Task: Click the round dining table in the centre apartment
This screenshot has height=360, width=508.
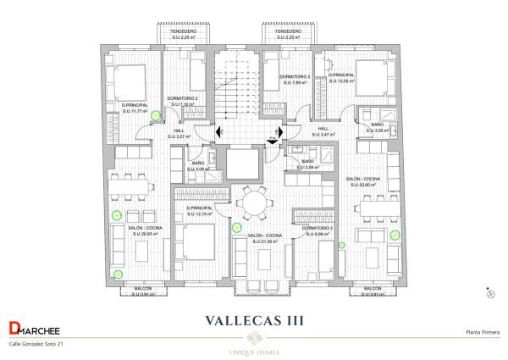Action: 253,204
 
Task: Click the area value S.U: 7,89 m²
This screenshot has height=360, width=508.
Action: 295,83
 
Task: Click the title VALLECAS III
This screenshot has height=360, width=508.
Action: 254,320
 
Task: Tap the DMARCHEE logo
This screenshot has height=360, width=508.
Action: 34,330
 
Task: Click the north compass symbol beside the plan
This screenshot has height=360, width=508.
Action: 489,293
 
